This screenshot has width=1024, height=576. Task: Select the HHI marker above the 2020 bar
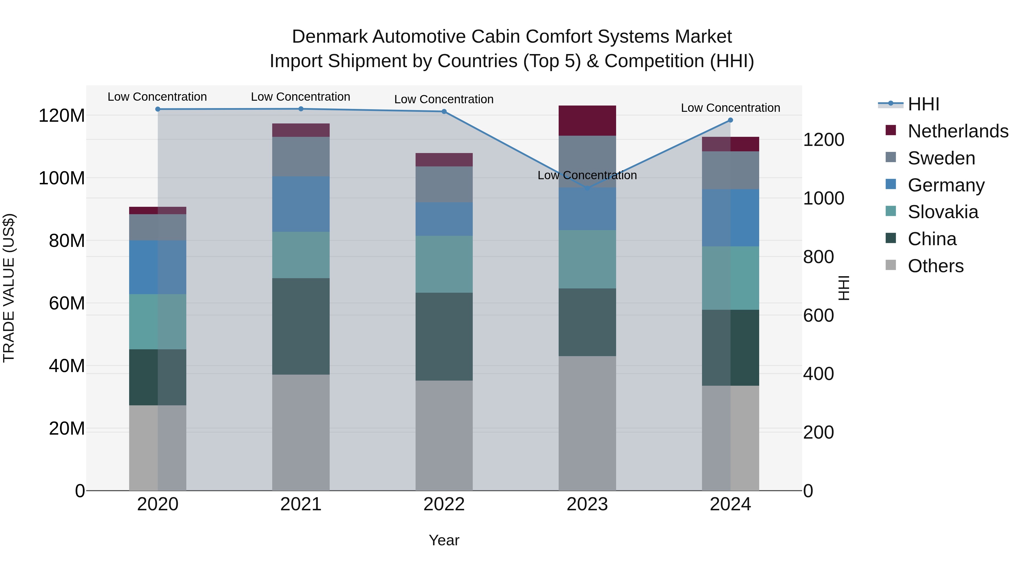pos(158,109)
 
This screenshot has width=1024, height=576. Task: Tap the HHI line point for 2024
pos(730,120)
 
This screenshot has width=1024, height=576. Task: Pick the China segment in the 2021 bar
pos(301,326)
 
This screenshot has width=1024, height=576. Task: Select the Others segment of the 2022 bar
pos(444,435)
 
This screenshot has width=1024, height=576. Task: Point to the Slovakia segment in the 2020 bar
pos(158,322)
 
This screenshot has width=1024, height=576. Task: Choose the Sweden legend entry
pos(941,158)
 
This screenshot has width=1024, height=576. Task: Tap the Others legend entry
pos(935,266)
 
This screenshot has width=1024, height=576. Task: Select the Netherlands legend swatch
pos(891,130)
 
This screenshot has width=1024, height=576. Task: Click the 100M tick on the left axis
pos(62,178)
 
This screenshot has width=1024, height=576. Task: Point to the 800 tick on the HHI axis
pos(818,257)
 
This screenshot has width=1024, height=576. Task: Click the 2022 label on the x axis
pos(444,504)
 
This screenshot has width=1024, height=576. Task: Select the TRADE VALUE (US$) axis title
pos(9,288)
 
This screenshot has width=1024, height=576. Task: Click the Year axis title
pos(444,540)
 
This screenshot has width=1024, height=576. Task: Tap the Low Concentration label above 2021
pos(301,97)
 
